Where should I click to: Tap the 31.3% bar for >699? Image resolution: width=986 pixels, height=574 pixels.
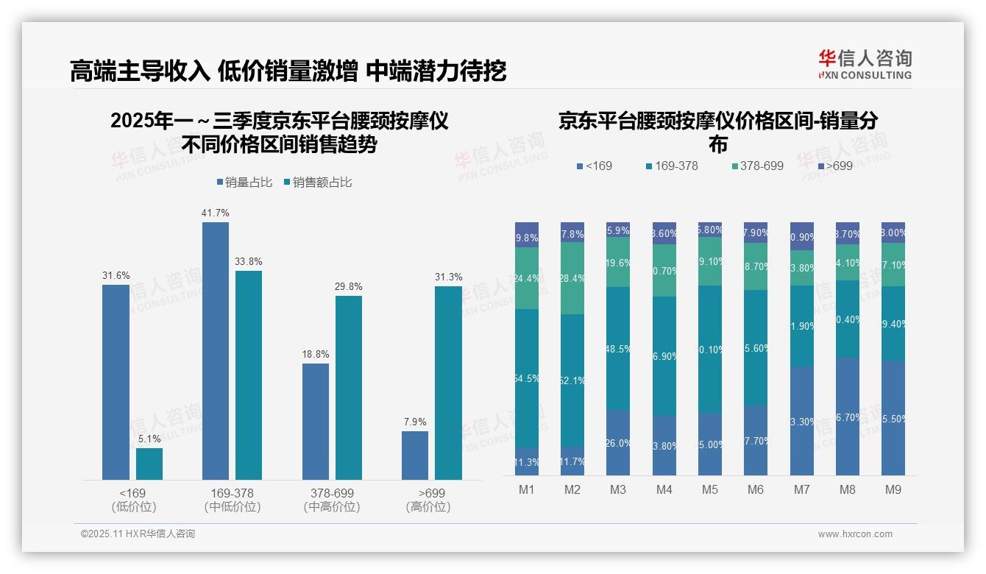point(448,383)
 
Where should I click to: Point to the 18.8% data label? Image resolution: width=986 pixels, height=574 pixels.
point(316,354)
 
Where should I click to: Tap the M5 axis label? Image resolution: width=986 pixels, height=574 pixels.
point(709,489)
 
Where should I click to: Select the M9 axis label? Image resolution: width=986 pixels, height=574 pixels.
point(893,489)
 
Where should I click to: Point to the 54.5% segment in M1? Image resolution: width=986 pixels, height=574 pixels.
point(527,378)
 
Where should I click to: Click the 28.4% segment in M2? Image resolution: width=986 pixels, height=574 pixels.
point(572,278)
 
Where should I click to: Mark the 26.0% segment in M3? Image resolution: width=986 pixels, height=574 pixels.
point(618,442)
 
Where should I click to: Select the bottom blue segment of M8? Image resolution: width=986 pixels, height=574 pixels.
point(847,417)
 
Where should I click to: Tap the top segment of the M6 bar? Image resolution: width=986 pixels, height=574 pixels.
point(756,233)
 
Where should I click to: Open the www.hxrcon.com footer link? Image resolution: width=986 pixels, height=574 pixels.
point(854,534)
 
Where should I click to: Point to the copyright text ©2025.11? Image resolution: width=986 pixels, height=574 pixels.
point(138,534)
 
